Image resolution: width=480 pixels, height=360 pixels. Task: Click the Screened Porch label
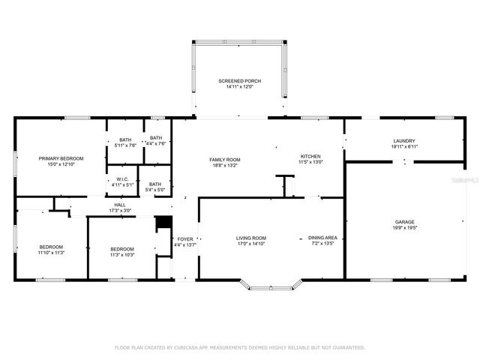239,80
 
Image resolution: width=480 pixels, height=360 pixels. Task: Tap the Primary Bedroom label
61,158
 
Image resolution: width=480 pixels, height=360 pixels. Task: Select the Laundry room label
403,141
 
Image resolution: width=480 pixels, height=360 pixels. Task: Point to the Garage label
405,222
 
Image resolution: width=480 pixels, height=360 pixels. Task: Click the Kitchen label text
310,156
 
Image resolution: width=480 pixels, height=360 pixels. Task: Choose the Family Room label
224,160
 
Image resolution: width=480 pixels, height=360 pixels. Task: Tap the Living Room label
251,238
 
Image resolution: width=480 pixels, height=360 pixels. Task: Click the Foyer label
184,239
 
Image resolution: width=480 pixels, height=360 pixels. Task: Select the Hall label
120,205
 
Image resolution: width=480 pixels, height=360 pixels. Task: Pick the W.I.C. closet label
122,179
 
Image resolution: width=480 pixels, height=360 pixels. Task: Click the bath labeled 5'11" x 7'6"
126,139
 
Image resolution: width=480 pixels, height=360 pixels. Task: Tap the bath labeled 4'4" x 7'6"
155,138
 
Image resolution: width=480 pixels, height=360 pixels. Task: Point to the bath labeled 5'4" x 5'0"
155,184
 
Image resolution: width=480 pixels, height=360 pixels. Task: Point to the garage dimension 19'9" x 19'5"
405,228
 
